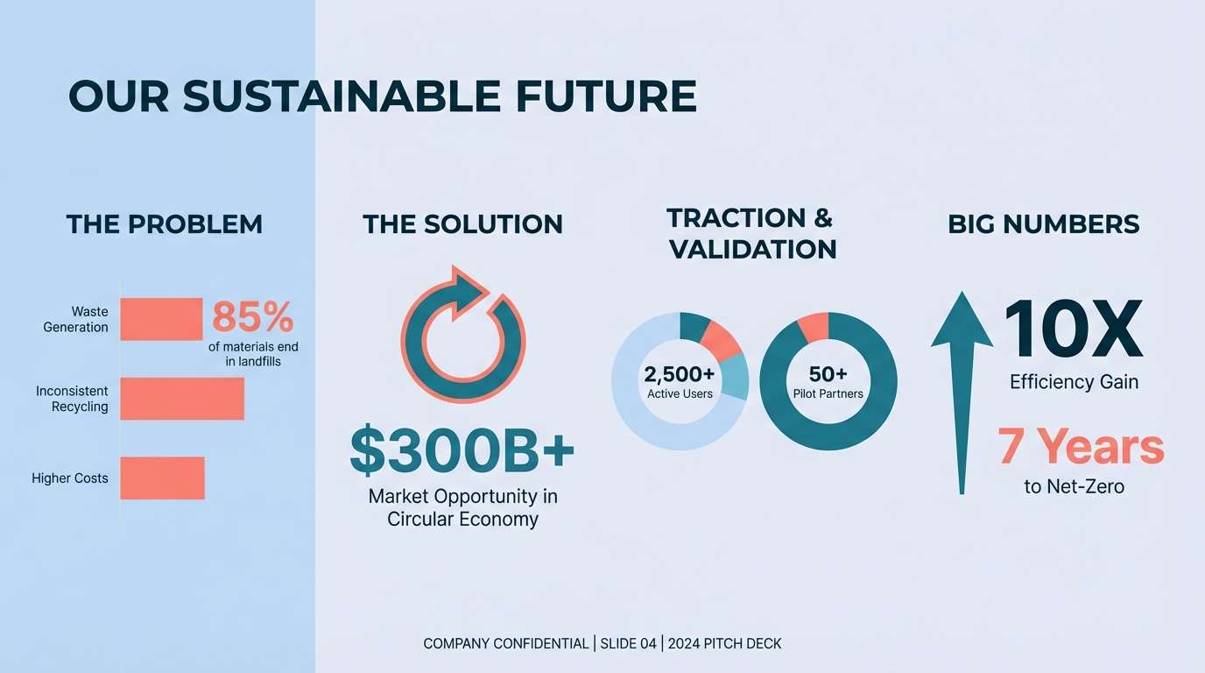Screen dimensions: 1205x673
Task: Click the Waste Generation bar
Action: (161, 319)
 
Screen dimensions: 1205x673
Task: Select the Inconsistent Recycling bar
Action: (182, 399)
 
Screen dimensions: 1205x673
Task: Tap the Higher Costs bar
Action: (163, 478)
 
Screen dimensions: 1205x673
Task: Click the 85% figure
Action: (253, 317)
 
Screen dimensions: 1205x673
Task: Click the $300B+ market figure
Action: (462, 450)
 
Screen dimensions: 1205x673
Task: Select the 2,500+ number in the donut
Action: (680, 373)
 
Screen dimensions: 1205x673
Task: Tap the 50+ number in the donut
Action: (828, 373)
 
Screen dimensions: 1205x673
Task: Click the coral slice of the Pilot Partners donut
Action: (814, 326)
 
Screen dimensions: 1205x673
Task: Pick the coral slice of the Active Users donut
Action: (721, 341)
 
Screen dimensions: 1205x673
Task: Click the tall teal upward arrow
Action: (962, 393)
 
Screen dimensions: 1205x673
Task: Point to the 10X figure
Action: (1074, 329)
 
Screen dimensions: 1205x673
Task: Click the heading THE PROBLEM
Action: (165, 224)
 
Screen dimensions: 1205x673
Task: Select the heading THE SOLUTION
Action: (462, 224)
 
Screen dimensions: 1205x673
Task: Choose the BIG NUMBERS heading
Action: (1044, 224)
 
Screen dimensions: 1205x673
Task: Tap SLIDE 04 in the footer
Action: (628, 643)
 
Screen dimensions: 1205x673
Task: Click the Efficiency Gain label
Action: (1074, 382)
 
